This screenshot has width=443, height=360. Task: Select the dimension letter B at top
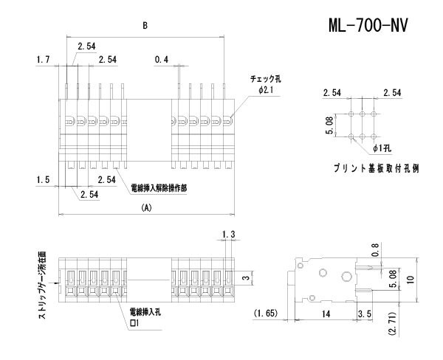[145, 24]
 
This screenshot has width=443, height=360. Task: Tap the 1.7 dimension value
[43, 58]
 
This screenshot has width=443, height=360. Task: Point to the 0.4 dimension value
[162, 58]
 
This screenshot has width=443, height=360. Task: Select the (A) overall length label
[145, 209]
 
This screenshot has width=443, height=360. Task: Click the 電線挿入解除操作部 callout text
[158, 189]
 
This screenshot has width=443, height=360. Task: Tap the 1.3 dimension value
[227, 235]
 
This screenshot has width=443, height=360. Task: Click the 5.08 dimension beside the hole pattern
[332, 126]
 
